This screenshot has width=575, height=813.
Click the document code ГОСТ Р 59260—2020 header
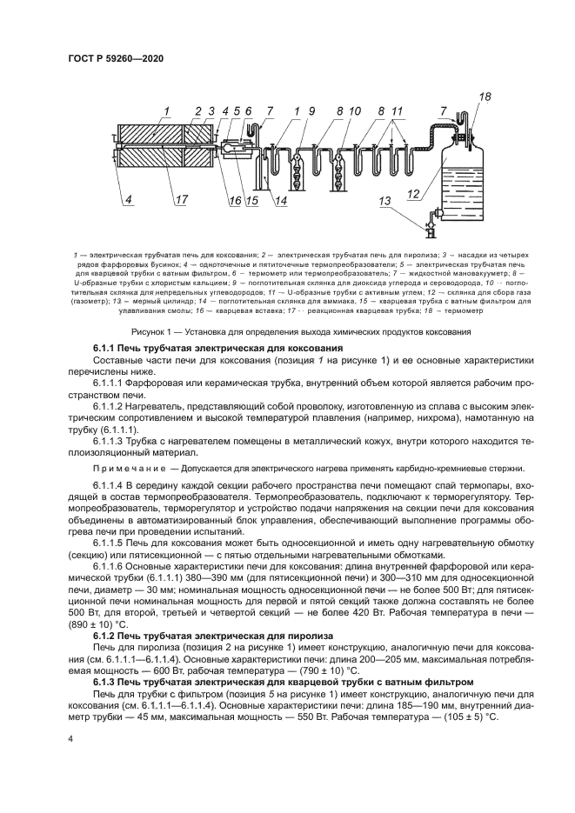pos(115,58)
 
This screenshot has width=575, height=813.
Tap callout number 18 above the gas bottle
pos(485,97)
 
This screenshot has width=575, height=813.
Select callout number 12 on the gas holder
pos(415,193)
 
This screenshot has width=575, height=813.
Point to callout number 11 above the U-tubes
pos(397,110)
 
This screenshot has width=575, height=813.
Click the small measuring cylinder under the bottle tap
pos(431,230)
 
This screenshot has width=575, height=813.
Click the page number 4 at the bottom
pos(70,736)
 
